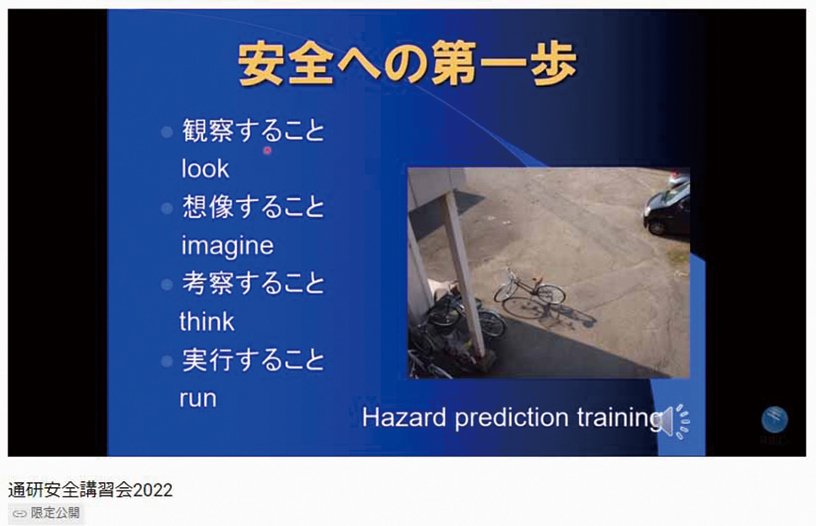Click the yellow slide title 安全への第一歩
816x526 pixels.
pyautogui.click(x=408, y=64)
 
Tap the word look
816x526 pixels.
pyautogui.click(x=205, y=168)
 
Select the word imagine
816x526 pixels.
pyautogui.click(x=227, y=245)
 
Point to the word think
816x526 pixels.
pyautogui.click(x=206, y=321)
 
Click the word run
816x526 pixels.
pyautogui.click(x=198, y=398)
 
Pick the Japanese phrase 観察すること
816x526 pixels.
pyautogui.click(x=254, y=130)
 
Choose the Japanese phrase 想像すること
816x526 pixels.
pyautogui.click(x=254, y=206)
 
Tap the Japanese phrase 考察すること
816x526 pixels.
pyautogui.click(x=254, y=283)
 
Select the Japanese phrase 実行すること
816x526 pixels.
pyautogui.click(x=254, y=359)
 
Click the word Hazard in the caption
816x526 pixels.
pyautogui.click(x=404, y=417)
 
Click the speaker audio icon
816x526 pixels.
pyautogui.click(x=676, y=421)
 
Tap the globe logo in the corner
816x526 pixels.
pyautogui.click(x=775, y=419)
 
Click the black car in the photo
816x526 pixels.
pyautogui.click(x=667, y=207)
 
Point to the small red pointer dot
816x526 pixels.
pyautogui.click(x=267, y=151)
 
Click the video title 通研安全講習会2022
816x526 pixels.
pyautogui.click(x=90, y=490)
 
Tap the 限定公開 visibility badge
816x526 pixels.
pyautogui.click(x=46, y=513)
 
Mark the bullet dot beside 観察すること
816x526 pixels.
pyautogui.click(x=167, y=132)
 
